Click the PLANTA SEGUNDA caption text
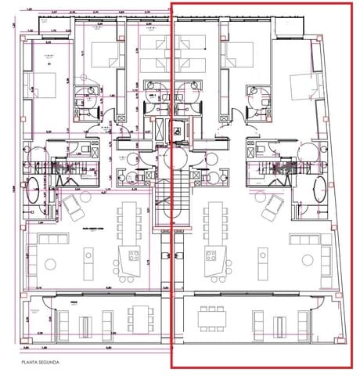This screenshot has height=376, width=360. click(x=41, y=363)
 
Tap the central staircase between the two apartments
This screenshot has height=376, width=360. click(x=173, y=200)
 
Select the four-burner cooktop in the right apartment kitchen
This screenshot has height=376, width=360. click(x=211, y=254)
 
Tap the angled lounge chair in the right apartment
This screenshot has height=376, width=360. click(x=273, y=207)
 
